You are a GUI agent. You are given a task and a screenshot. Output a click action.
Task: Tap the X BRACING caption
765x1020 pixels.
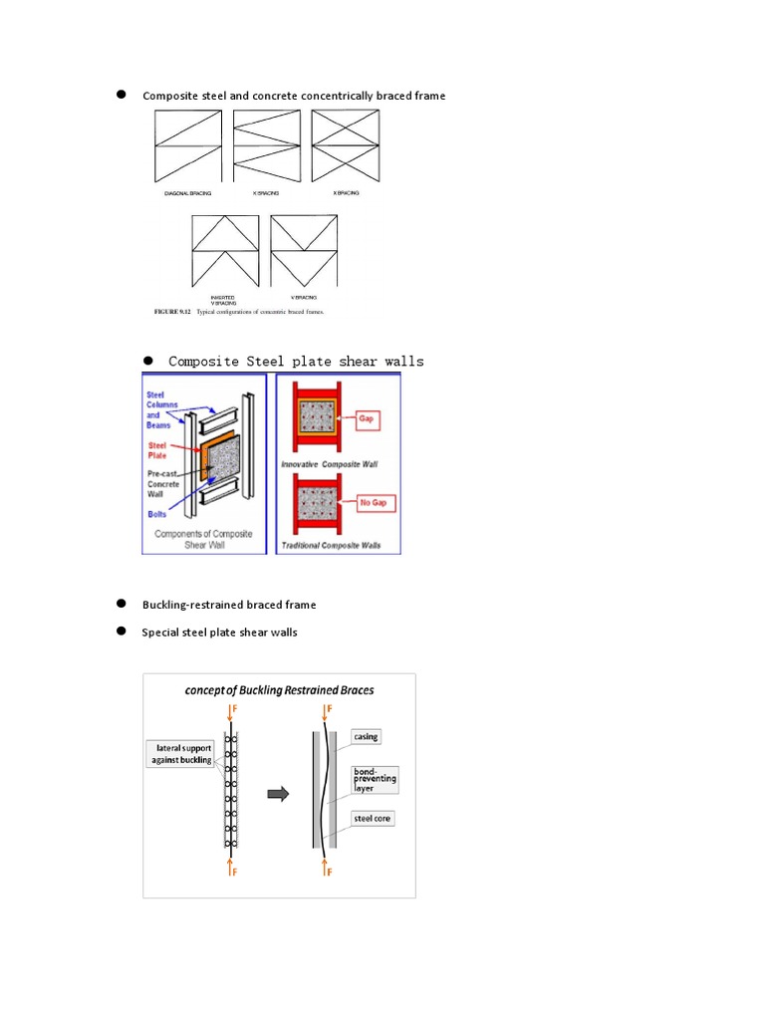click(x=346, y=192)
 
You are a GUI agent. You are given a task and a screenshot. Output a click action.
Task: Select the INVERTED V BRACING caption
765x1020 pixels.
click(x=222, y=299)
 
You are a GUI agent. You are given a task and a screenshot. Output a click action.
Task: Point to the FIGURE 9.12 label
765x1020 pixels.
click(x=172, y=312)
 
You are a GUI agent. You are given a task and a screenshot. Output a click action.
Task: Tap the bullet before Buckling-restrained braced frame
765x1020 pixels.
click(x=121, y=604)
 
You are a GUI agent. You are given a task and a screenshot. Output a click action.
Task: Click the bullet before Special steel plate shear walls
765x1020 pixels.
click(x=121, y=632)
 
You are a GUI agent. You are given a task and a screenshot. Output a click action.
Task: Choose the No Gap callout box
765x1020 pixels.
click(x=372, y=503)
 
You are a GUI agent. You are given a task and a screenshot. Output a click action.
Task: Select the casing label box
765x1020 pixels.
click(x=367, y=737)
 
